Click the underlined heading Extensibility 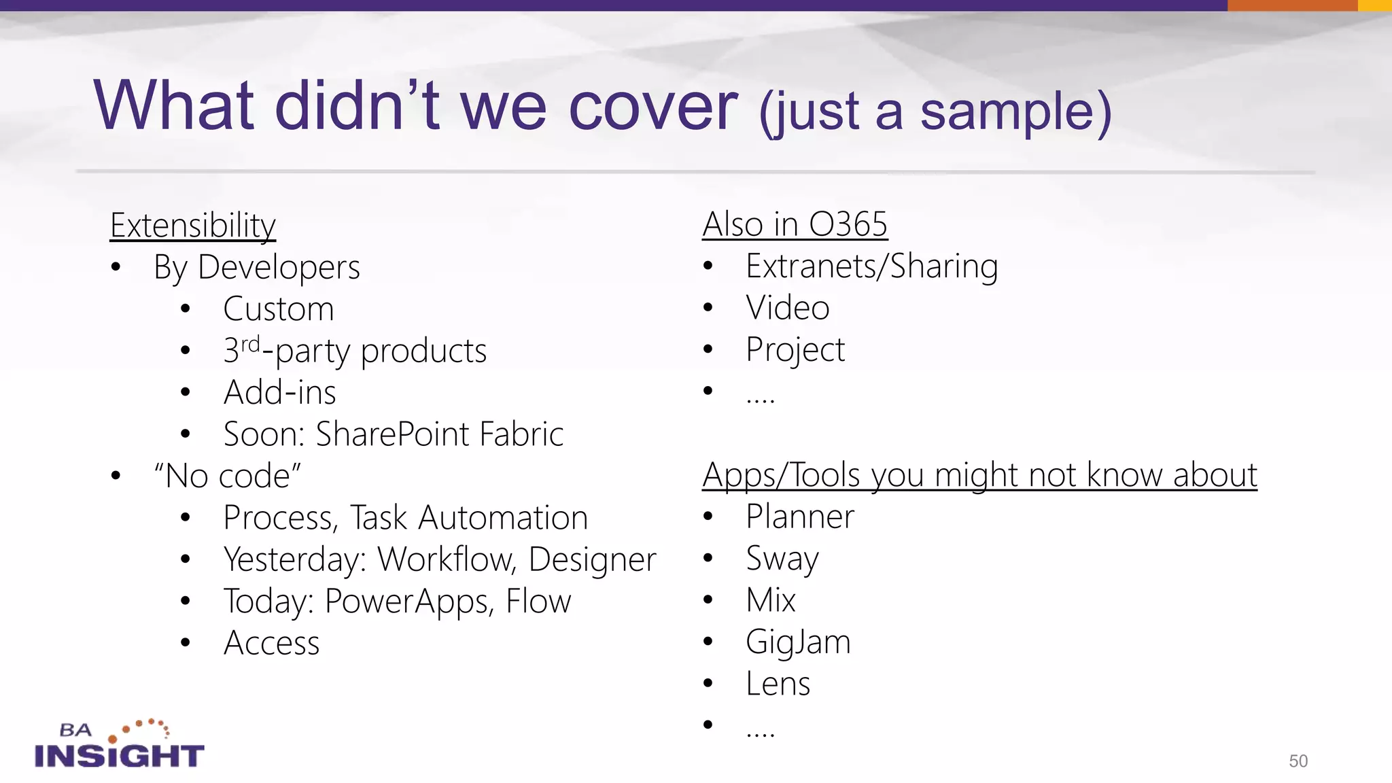coord(193,226)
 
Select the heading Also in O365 coord(795,224)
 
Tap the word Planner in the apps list coord(800,517)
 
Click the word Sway coord(782,559)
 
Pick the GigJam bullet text coord(798,642)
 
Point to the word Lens coord(778,684)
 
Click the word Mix coord(771,600)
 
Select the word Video coord(788,308)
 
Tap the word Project coord(795,350)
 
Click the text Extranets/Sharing coord(872,266)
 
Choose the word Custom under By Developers coord(279,309)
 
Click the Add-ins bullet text coord(280,393)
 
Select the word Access coord(272,643)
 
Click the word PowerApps coord(409,602)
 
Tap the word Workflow coord(445,559)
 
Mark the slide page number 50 coord(1298,761)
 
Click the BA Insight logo coord(119,745)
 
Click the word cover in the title coord(652,107)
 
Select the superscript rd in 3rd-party coord(251,344)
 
